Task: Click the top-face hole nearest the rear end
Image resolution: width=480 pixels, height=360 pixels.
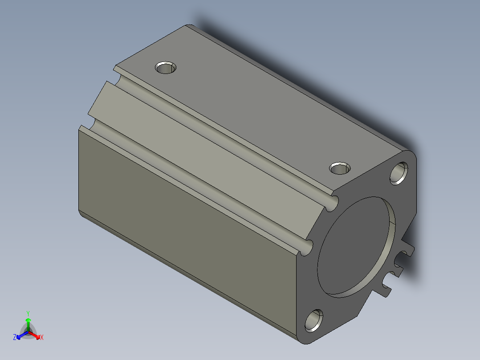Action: pyautogui.click(x=166, y=68)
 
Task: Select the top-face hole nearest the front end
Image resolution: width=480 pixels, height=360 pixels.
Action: pyautogui.click(x=340, y=169)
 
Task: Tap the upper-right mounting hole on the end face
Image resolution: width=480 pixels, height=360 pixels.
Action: pyautogui.click(x=399, y=173)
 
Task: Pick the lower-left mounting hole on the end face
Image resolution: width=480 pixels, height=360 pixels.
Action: pyautogui.click(x=316, y=321)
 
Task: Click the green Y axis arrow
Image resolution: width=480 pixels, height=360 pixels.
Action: pyautogui.click(x=28, y=322)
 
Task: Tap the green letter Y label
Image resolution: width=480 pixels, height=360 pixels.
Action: pyautogui.click(x=28, y=313)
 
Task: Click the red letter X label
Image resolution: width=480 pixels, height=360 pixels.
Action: pyautogui.click(x=42, y=338)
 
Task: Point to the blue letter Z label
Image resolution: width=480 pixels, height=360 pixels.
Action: pyautogui.click(x=15, y=338)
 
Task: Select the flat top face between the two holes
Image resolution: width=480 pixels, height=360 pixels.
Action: pyautogui.click(x=254, y=111)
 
